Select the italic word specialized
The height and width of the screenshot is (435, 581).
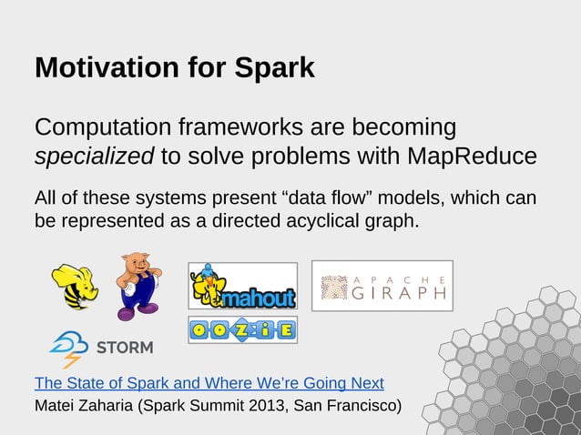coord(94,157)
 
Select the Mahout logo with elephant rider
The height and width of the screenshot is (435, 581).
coord(242,286)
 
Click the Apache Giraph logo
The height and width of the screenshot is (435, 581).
coord(382,286)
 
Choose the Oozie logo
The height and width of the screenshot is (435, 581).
coord(242,329)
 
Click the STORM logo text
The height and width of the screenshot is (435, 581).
coord(125,348)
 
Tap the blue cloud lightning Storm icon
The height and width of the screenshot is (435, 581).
coord(68,348)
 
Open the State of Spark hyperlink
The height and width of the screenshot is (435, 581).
coord(209,382)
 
